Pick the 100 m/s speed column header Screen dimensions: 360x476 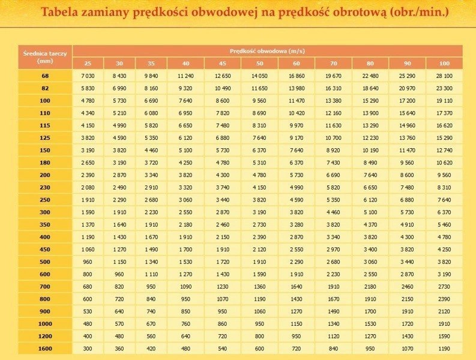[444, 64]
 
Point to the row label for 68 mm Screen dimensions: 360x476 [46, 76]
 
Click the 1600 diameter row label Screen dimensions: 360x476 [46, 348]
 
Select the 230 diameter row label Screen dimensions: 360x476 [46, 188]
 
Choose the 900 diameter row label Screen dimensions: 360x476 [46, 311]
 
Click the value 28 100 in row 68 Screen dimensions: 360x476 [444, 76]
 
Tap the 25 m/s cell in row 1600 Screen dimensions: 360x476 [88, 348]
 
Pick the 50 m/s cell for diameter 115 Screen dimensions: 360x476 [259, 125]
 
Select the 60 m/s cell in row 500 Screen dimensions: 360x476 [297, 262]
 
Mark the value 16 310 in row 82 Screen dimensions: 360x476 [333, 88]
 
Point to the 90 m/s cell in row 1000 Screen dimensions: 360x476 [408, 323]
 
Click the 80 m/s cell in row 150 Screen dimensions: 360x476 [370, 150]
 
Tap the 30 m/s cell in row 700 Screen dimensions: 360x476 [119, 286]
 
